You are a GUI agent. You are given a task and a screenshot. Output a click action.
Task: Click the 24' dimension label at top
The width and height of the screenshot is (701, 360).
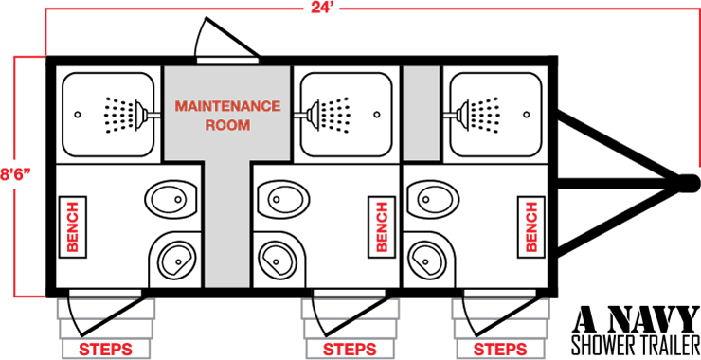tap(322, 8)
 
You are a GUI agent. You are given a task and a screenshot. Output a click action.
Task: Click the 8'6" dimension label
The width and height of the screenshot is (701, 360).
tap(16, 174)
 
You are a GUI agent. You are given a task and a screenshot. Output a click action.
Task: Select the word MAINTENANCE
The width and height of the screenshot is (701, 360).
tap(227, 106)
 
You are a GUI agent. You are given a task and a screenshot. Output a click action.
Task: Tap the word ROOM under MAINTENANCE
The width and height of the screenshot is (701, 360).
tap(227, 125)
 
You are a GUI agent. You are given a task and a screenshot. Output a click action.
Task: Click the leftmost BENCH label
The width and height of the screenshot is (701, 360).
tap(72, 226)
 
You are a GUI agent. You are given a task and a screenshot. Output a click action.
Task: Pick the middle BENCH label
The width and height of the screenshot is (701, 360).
tap(382, 226)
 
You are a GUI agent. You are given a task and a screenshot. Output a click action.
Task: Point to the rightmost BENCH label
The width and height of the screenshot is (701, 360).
tap(531, 226)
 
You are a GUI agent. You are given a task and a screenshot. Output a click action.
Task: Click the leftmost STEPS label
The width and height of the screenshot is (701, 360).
tap(105, 350)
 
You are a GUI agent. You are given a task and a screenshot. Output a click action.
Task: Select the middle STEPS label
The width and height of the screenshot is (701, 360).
tap(350, 350)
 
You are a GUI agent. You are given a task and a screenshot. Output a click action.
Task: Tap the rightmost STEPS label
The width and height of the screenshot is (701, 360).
tap(499, 350)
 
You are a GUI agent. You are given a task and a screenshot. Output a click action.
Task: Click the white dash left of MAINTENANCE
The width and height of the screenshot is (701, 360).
tap(153, 116)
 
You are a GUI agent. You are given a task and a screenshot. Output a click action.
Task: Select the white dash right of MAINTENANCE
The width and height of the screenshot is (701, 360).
tap(300, 116)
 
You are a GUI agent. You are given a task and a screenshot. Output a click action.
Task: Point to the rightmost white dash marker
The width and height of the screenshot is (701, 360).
tap(450, 116)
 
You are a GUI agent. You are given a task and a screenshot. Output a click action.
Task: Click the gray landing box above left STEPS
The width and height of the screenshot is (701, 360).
tap(105, 310)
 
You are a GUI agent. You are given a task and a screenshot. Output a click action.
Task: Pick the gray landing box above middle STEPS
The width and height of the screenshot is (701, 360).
tap(350, 310)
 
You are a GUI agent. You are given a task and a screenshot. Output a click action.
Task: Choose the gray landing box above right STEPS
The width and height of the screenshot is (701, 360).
tap(499, 310)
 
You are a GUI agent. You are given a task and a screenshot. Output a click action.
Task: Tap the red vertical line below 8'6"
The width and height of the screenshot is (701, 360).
tap(14, 242)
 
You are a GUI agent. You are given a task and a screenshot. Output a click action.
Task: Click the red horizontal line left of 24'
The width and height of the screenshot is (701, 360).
tap(171, 9)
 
